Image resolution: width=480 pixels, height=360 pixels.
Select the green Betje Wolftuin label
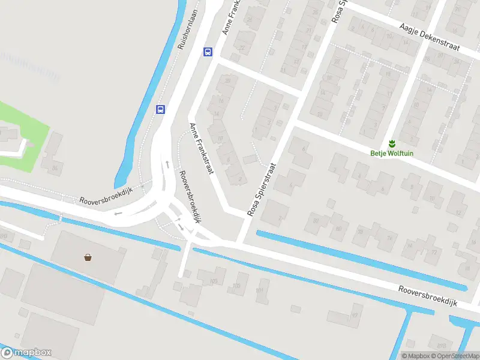[391, 153]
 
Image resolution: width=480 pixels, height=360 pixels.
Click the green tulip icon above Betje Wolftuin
[391, 143]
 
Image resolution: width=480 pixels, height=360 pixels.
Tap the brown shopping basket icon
[88, 257]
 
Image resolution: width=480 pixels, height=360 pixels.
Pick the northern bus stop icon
[208, 52]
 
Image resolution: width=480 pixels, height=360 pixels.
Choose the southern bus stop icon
[160, 109]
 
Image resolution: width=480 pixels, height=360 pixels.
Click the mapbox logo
[26, 353]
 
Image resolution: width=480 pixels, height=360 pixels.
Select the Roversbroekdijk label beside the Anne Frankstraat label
[190, 196]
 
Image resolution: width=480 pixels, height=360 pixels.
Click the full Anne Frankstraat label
[202, 149]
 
